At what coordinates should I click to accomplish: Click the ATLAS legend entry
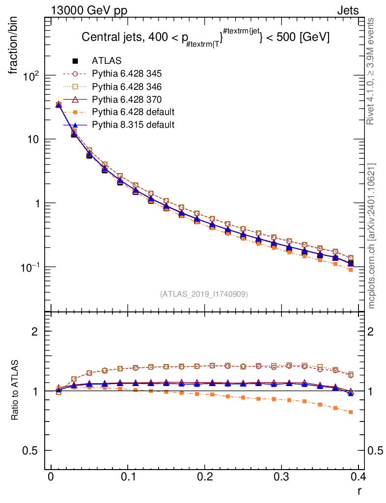tap(106, 61)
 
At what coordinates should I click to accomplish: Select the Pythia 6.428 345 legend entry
tap(127, 74)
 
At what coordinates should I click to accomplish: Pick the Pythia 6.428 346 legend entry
tap(127, 87)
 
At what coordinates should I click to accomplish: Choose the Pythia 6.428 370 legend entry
tap(127, 100)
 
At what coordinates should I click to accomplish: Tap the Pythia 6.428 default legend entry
tap(133, 112)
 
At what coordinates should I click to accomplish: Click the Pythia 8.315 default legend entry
tap(133, 125)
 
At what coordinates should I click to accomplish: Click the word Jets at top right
tap(347, 10)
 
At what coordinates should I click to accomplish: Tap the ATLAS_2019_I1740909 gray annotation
tap(204, 294)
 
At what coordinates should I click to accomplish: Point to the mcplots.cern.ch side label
tap(372, 236)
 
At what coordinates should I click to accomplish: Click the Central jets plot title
tap(205, 37)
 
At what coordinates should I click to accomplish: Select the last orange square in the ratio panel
tap(351, 412)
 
